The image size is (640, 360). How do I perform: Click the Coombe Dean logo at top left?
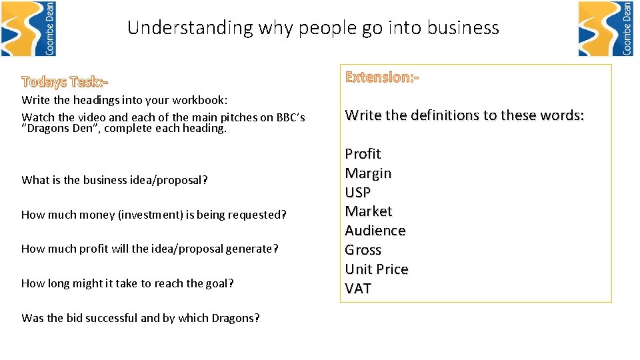(28, 29)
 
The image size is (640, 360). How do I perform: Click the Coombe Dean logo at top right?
(605, 29)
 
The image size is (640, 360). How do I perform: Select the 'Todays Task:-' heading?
(65, 82)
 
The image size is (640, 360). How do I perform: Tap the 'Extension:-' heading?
(382, 77)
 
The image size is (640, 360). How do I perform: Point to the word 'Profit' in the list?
(363, 154)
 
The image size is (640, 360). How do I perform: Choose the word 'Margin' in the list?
(368, 173)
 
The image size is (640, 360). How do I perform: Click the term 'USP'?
(358, 193)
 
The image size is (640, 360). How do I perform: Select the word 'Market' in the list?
(369, 211)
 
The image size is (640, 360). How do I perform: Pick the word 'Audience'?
(375, 231)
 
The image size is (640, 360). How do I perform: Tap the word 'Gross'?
(363, 250)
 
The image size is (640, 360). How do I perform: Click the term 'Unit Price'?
(377, 269)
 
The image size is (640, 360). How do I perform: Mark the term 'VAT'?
(358, 289)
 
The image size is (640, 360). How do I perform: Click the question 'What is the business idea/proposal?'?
(115, 180)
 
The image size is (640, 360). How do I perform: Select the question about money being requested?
(154, 215)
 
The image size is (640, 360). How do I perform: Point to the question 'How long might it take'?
(127, 283)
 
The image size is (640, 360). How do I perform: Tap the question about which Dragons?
(141, 318)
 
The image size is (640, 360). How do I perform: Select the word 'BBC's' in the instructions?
(291, 117)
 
